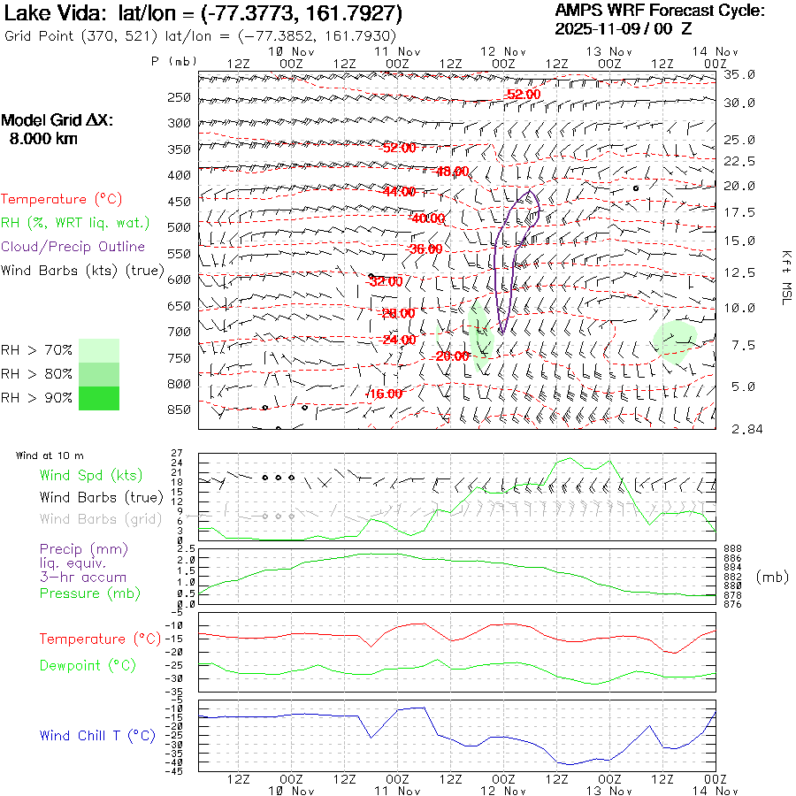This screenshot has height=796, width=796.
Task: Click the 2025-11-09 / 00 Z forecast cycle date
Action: (624, 28)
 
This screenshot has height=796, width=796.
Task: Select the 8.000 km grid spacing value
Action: (43, 138)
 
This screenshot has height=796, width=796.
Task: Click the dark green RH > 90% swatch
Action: (99, 398)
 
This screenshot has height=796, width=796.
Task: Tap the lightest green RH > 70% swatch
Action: (99, 350)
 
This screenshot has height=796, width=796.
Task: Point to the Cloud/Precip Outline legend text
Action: (73, 247)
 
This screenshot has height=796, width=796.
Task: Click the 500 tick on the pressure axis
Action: (179, 227)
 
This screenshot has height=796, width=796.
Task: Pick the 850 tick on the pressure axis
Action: (179, 409)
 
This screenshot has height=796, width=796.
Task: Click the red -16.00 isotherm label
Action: (386, 394)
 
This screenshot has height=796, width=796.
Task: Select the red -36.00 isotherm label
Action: (425, 249)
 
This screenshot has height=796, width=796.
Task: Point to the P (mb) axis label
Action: (173, 62)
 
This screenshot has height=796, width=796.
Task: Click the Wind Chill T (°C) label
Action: (97, 735)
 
